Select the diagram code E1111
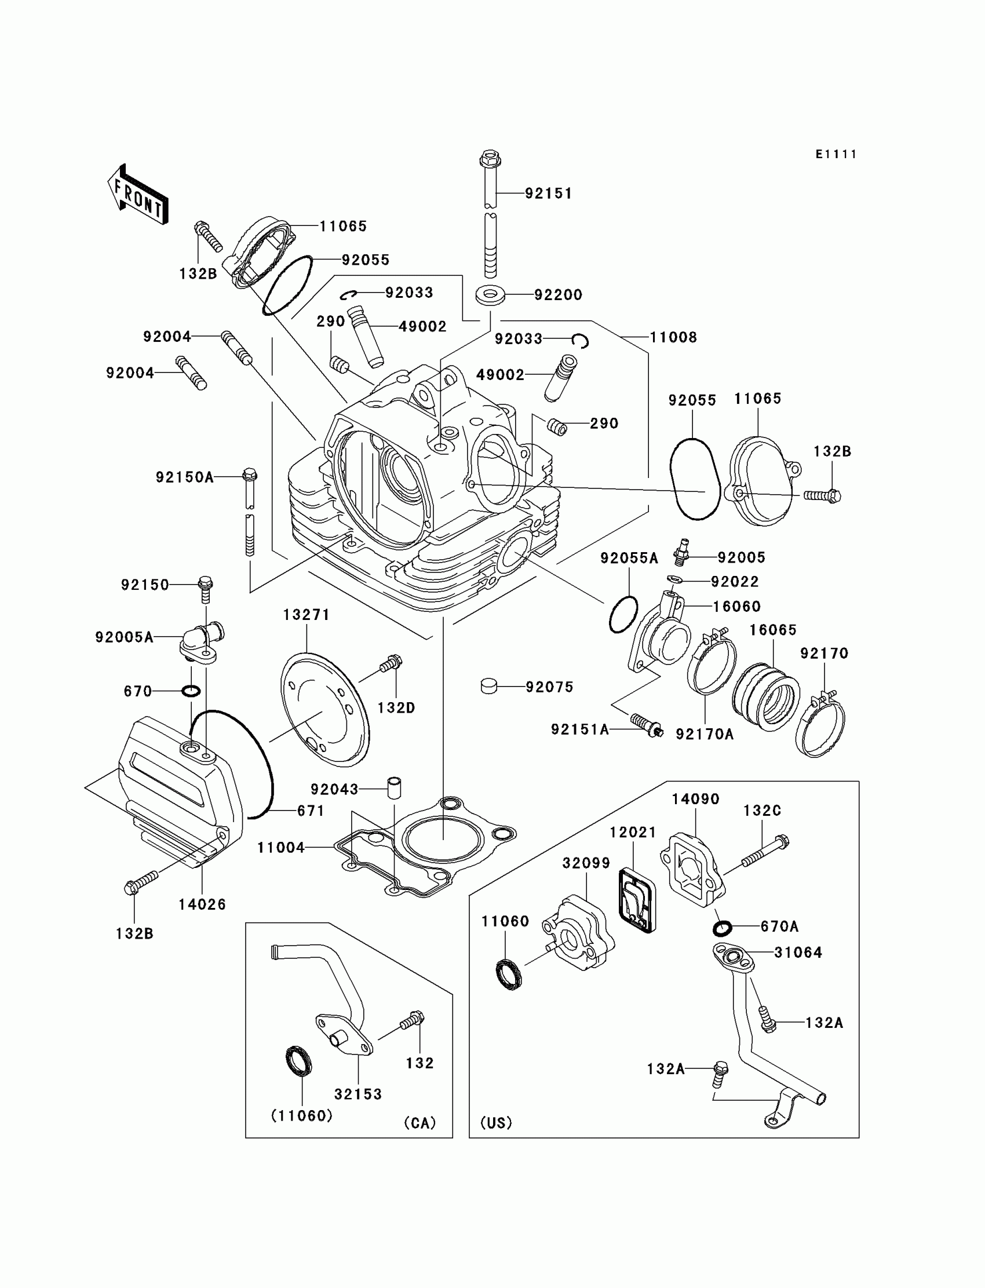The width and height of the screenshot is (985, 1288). tap(836, 154)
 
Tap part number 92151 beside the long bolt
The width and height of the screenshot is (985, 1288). tap(548, 193)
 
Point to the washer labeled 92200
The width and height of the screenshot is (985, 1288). tap(490, 294)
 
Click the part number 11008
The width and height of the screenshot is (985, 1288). tap(673, 337)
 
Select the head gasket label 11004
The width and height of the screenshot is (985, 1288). tap(281, 847)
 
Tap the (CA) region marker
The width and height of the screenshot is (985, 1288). tap(420, 1123)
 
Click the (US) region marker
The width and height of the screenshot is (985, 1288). tap(496, 1123)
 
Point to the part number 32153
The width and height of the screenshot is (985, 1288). tap(357, 1094)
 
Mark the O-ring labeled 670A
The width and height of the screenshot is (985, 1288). tap(723, 929)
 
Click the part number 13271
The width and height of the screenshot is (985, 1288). tap(306, 614)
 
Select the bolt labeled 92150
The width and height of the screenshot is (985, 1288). tap(205, 589)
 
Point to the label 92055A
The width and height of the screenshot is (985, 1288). tap(629, 558)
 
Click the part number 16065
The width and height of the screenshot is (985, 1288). tap(773, 630)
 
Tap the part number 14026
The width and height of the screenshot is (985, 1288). tap(202, 904)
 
